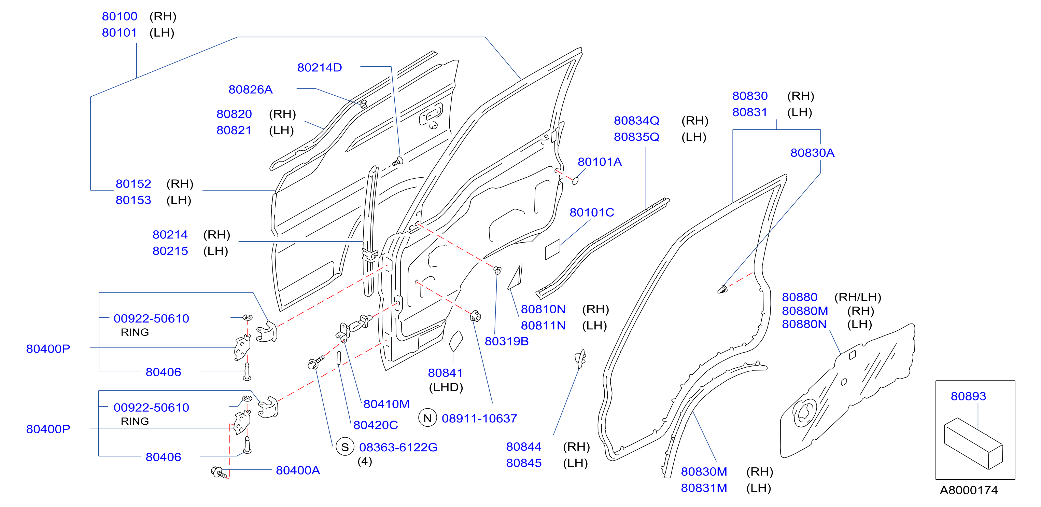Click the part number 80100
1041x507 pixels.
coord(119,17)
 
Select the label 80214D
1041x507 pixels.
coord(320,68)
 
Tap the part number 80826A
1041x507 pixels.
coord(251,90)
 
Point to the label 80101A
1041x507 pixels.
coord(599,162)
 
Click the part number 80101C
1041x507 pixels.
coord(592,212)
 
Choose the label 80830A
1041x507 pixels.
coord(812,153)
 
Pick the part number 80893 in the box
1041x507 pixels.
coord(968,396)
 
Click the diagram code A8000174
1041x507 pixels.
coord(969,490)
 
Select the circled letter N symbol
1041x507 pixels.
coord(427,418)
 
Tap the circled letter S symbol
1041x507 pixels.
coord(345,447)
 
